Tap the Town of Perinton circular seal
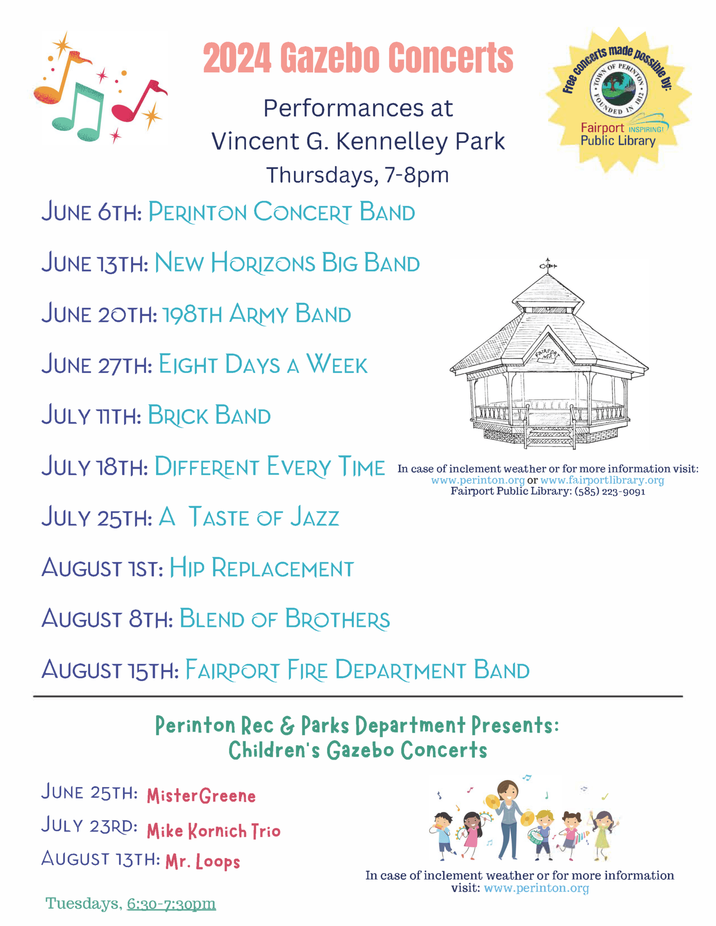pyautogui.click(x=618, y=88)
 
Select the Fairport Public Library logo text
pyautogui.click(x=618, y=135)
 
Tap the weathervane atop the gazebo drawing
pyautogui.click(x=548, y=265)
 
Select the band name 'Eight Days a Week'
pyautogui.click(x=263, y=365)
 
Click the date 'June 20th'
pyautogui.click(x=99, y=314)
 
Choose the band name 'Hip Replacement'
pyautogui.click(x=261, y=568)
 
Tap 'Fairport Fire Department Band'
pyautogui.click(x=357, y=670)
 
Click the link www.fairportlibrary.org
pyautogui.click(x=602, y=480)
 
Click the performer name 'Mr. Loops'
pyautogui.click(x=203, y=861)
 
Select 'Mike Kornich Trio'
pyautogui.click(x=213, y=831)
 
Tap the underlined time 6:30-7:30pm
pyautogui.click(x=171, y=903)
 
